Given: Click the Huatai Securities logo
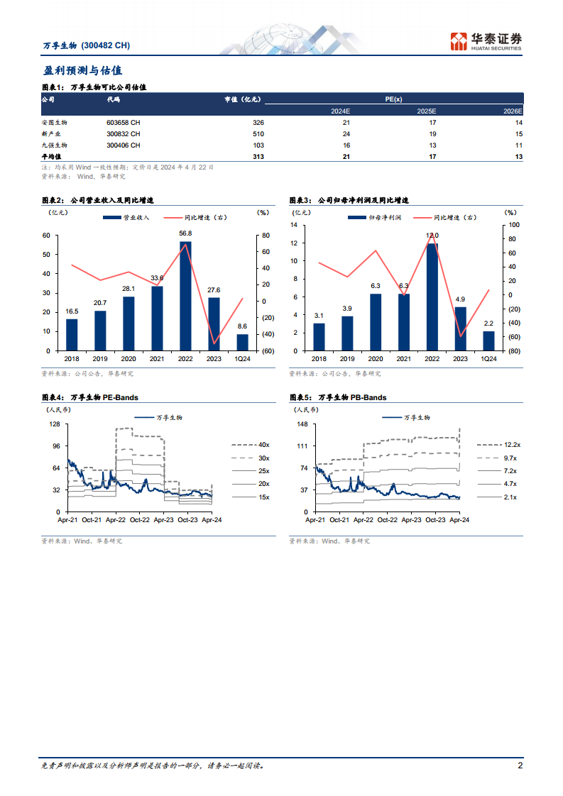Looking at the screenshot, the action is [486, 41].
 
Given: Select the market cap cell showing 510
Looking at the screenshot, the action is [258, 134].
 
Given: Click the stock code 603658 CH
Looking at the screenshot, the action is [124, 123].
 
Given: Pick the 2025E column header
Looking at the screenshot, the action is [427, 111].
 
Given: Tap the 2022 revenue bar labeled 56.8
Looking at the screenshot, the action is [185, 296].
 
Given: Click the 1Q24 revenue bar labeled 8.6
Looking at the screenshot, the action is [242, 343].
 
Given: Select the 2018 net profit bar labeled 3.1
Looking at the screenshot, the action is [319, 337].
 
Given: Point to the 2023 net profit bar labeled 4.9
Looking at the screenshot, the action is [460, 329].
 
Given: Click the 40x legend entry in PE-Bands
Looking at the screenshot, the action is [251, 445].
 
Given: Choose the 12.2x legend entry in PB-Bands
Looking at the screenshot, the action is [499, 445].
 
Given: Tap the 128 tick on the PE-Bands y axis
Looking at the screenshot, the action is [55, 424].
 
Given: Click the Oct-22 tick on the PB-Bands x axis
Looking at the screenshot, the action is [388, 520].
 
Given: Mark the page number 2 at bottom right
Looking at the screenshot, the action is [520, 765].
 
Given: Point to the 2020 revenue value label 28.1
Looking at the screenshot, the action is [129, 289].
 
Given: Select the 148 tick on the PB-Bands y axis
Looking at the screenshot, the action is [302, 424].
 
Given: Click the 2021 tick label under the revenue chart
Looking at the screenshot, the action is [157, 359].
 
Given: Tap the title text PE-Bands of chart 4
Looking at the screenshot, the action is [121, 397].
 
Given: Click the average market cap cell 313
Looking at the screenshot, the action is [258, 157].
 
